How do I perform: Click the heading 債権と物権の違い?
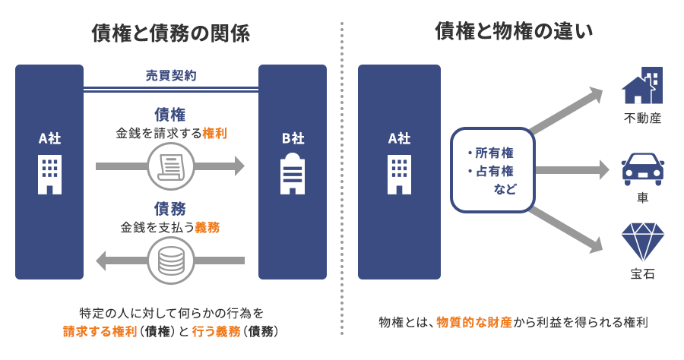(x=514, y=31)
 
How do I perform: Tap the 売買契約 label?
(x=171, y=76)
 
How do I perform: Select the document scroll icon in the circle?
(x=170, y=166)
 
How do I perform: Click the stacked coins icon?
(x=170, y=261)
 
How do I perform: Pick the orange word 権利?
(x=214, y=133)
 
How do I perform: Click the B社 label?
(x=293, y=138)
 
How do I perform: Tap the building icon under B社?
(x=293, y=174)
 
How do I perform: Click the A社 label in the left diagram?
(x=49, y=138)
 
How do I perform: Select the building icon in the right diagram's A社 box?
(x=399, y=174)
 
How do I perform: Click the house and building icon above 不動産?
(x=642, y=85)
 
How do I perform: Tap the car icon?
(x=642, y=169)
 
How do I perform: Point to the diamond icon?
(x=642, y=242)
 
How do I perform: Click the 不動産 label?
(x=642, y=118)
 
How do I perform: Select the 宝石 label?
(x=642, y=273)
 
